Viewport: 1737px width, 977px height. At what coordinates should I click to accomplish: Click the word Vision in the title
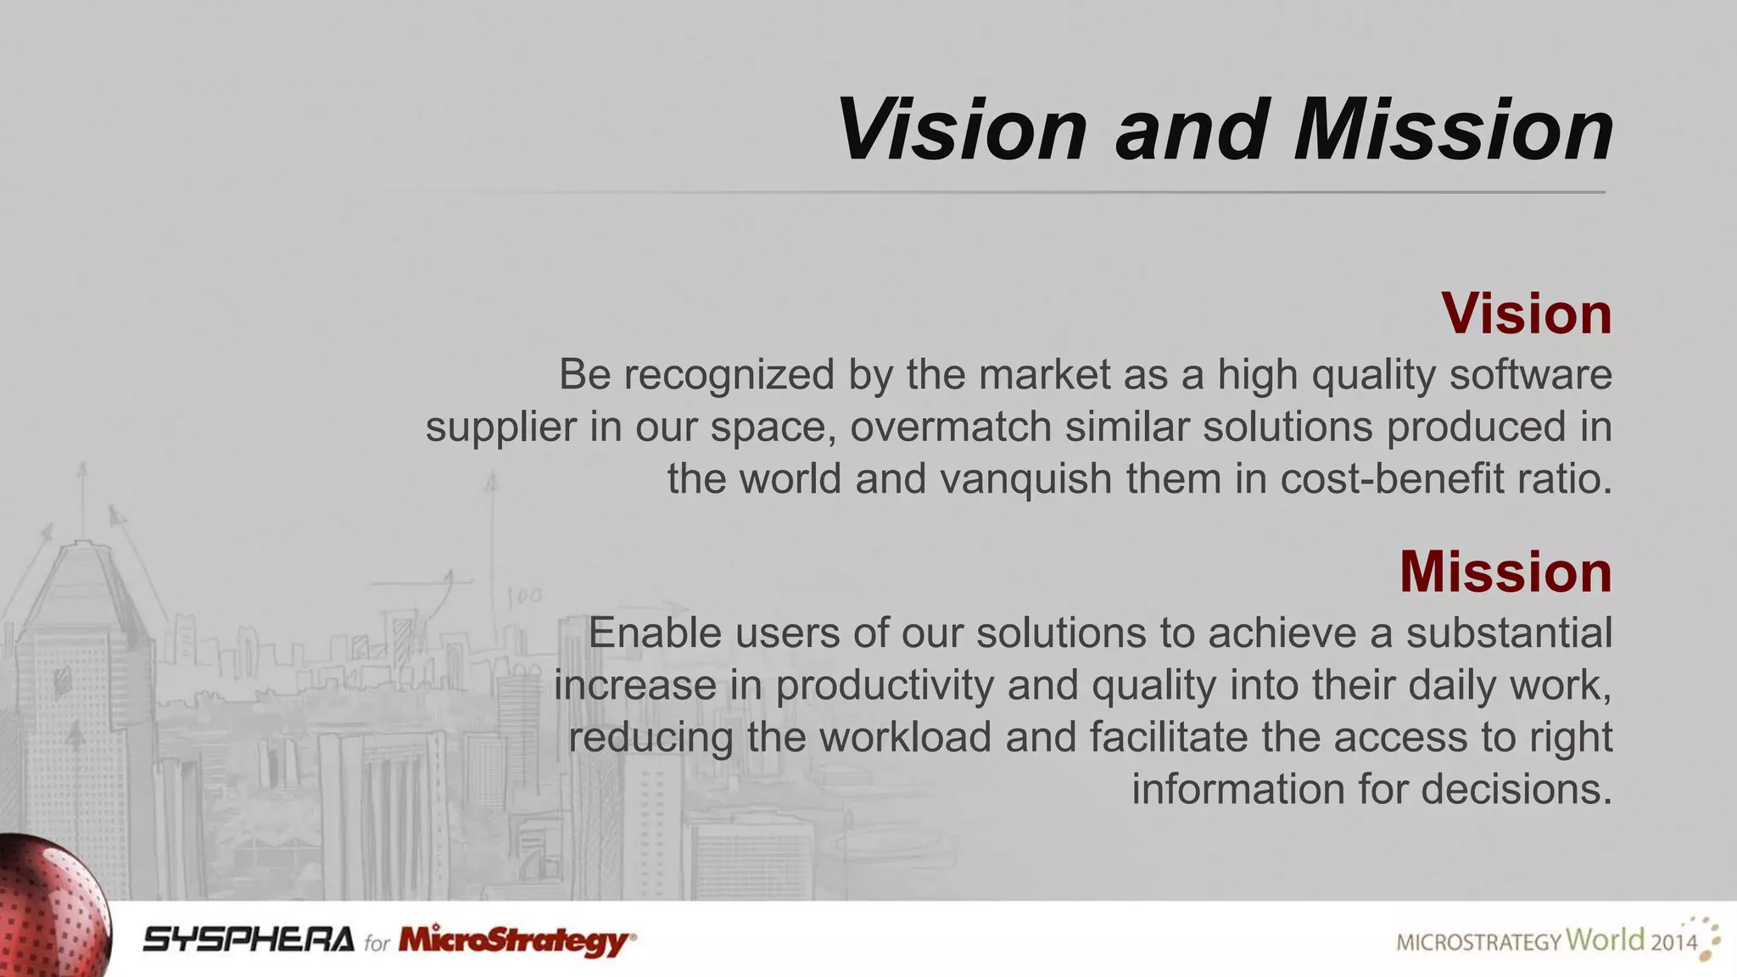tap(961, 130)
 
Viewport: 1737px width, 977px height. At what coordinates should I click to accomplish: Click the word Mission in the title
tap(1453, 130)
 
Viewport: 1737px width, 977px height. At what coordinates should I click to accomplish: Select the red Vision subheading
tap(1526, 314)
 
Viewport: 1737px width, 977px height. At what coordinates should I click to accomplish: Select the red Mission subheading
tap(1505, 572)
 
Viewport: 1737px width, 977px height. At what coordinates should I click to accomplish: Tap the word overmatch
tap(951, 427)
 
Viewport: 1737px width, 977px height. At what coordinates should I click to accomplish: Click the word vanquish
tap(1025, 479)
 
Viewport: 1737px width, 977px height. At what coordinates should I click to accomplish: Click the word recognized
tap(729, 375)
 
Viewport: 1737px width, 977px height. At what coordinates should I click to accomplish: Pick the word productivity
tap(885, 686)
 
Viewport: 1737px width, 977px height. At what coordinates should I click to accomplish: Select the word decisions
tap(1516, 790)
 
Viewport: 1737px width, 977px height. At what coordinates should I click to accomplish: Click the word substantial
tap(1509, 634)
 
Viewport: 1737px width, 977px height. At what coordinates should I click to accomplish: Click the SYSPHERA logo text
tap(249, 940)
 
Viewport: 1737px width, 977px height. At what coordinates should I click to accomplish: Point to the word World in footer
tap(1604, 939)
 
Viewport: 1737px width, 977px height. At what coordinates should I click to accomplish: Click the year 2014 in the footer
tap(1673, 942)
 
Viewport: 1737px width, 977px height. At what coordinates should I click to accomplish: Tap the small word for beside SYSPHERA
tap(377, 943)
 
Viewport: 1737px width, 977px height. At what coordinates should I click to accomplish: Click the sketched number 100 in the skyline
tap(524, 596)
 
